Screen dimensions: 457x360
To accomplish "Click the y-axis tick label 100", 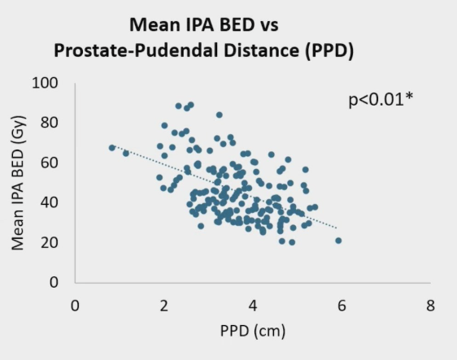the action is coord(45,83).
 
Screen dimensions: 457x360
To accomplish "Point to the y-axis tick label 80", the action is coord(50,123).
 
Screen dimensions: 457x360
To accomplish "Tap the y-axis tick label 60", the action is coord(50,163).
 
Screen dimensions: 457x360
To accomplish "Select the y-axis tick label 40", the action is coord(50,202).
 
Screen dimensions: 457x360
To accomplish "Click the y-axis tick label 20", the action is coord(50,242).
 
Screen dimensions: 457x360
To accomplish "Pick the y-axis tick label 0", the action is coord(54,282).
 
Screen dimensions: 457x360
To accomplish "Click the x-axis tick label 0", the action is coord(75,306).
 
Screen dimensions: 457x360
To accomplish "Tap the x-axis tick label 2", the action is coord(163,306).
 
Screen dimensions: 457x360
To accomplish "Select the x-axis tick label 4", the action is coord(253,306).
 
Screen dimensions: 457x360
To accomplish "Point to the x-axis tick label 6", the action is coord(342,306).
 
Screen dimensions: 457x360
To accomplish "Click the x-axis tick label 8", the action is coord(430,306).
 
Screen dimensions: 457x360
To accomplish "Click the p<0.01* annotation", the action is coord(381,100).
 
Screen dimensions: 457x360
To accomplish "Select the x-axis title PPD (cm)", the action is coord(253,332).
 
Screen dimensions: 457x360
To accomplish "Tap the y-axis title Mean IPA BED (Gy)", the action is coord(18,183).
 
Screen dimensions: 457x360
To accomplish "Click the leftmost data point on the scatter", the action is coord(112,148).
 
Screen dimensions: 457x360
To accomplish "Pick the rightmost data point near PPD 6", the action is coord(338,241).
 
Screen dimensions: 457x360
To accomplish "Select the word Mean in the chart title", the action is coord(155,24).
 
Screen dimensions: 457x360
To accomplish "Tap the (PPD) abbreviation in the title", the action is coord(329,51).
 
